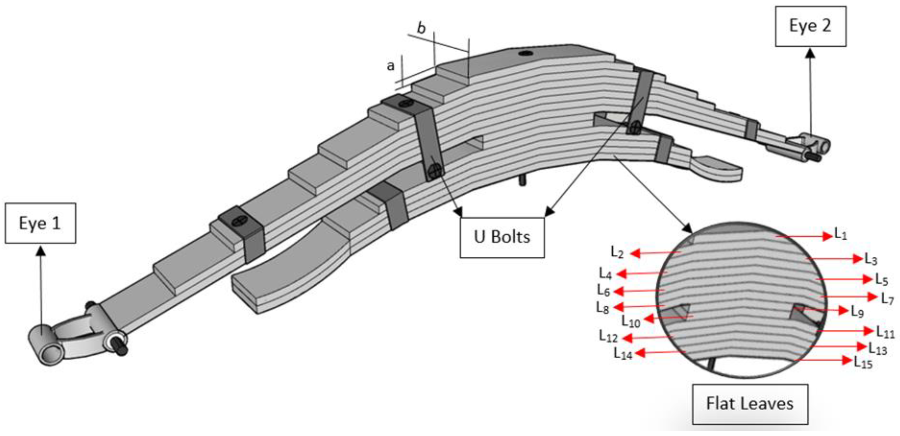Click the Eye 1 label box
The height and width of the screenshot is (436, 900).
(40, 223)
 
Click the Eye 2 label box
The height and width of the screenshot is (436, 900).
(811, 26)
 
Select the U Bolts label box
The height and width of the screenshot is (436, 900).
(502, 237)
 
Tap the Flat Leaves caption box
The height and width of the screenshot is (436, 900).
(750, 404)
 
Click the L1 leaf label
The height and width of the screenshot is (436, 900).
(840, 234)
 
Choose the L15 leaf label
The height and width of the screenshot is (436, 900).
(863, 363)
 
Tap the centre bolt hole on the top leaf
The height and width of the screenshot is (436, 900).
(525, 53)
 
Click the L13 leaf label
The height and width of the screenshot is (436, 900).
(878, 348)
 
